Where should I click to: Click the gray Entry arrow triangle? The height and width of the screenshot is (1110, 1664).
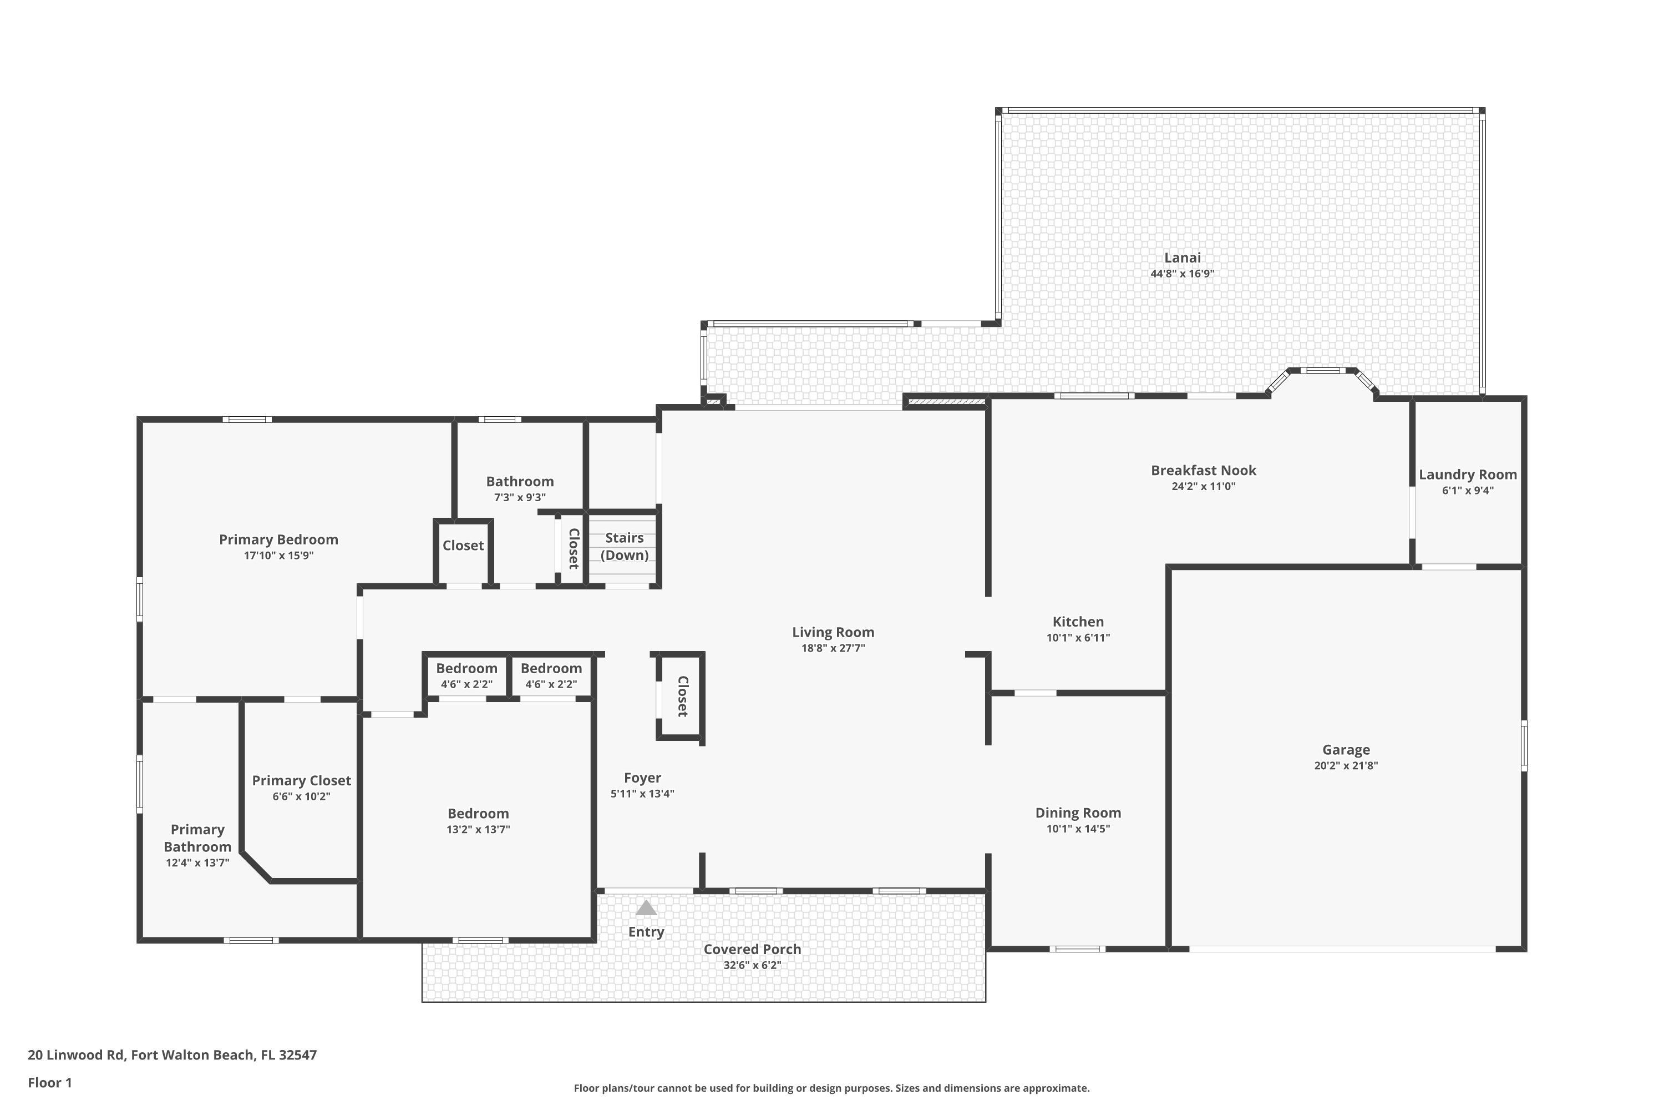click(x=646, y=908)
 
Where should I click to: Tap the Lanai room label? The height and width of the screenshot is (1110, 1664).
click(x=1182, y=258)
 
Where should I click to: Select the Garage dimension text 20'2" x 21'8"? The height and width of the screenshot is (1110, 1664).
click(x=1346, y=765)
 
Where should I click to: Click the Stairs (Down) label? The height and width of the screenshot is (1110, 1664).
click(x=624, y=547)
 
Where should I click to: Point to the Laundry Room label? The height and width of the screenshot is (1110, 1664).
click(x=1467, y=475)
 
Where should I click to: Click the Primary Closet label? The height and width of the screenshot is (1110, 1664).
click(x=301, y=780)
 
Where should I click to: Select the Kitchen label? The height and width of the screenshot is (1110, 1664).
click(x=1078, y=622)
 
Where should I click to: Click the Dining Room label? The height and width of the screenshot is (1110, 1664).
click(x=1078, y=813)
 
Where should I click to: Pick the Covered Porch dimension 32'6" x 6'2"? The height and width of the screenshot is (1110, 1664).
click(x=752, y=965)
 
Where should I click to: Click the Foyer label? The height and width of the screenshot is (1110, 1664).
click(x=642, y=778)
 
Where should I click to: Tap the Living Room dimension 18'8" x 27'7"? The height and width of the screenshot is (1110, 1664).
click(x=833, y=648)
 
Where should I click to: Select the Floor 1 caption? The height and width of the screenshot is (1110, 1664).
click(x=49, y=1082)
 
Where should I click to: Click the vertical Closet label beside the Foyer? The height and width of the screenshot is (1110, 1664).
click(x=682, y=696)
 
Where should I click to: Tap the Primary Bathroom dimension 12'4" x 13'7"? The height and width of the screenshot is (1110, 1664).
click(x=197, y=863)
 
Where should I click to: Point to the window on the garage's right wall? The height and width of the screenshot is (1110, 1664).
click(x=1523, y=745)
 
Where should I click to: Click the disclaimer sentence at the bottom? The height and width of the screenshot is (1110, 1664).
click(x=831, y=1088)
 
